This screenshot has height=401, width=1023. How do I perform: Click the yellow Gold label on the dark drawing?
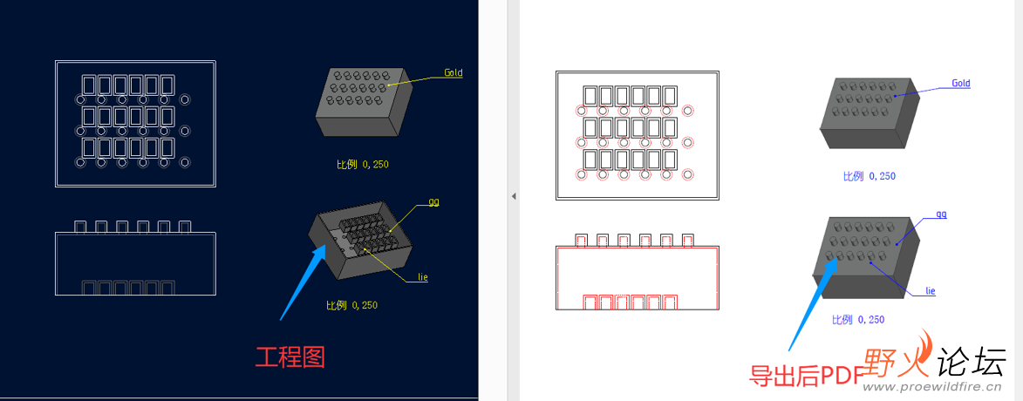454,72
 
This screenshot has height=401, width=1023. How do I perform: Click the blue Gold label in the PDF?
961,84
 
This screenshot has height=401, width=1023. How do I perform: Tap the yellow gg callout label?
433,201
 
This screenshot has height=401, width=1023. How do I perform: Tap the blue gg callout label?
941,214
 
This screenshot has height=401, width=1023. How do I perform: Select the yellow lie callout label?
423,278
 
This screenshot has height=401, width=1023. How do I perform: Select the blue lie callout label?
931,291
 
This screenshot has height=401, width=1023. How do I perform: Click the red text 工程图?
290,357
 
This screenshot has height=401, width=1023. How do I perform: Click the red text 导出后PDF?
806,375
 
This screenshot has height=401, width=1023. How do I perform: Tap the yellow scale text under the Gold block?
363,164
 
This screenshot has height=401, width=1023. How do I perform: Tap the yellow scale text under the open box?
352,305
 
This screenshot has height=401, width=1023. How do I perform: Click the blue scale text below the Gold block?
870,176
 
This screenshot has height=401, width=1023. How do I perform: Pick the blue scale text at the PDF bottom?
858,320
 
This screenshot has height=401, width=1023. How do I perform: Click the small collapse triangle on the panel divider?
514,195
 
